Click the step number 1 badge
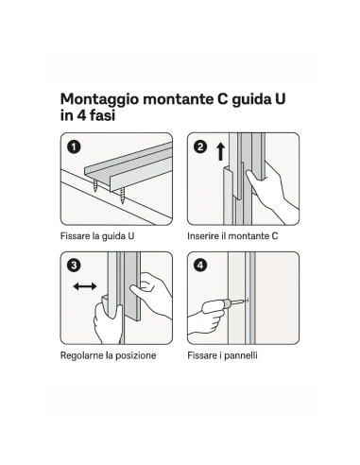(74, 147)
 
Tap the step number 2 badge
(200, 147)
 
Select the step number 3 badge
(74, 266)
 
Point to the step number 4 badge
(200, 266)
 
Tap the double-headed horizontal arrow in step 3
(85, 284)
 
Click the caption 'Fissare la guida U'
(97, 235)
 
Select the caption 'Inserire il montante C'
(231, 235)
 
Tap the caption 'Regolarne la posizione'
(108, 354)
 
